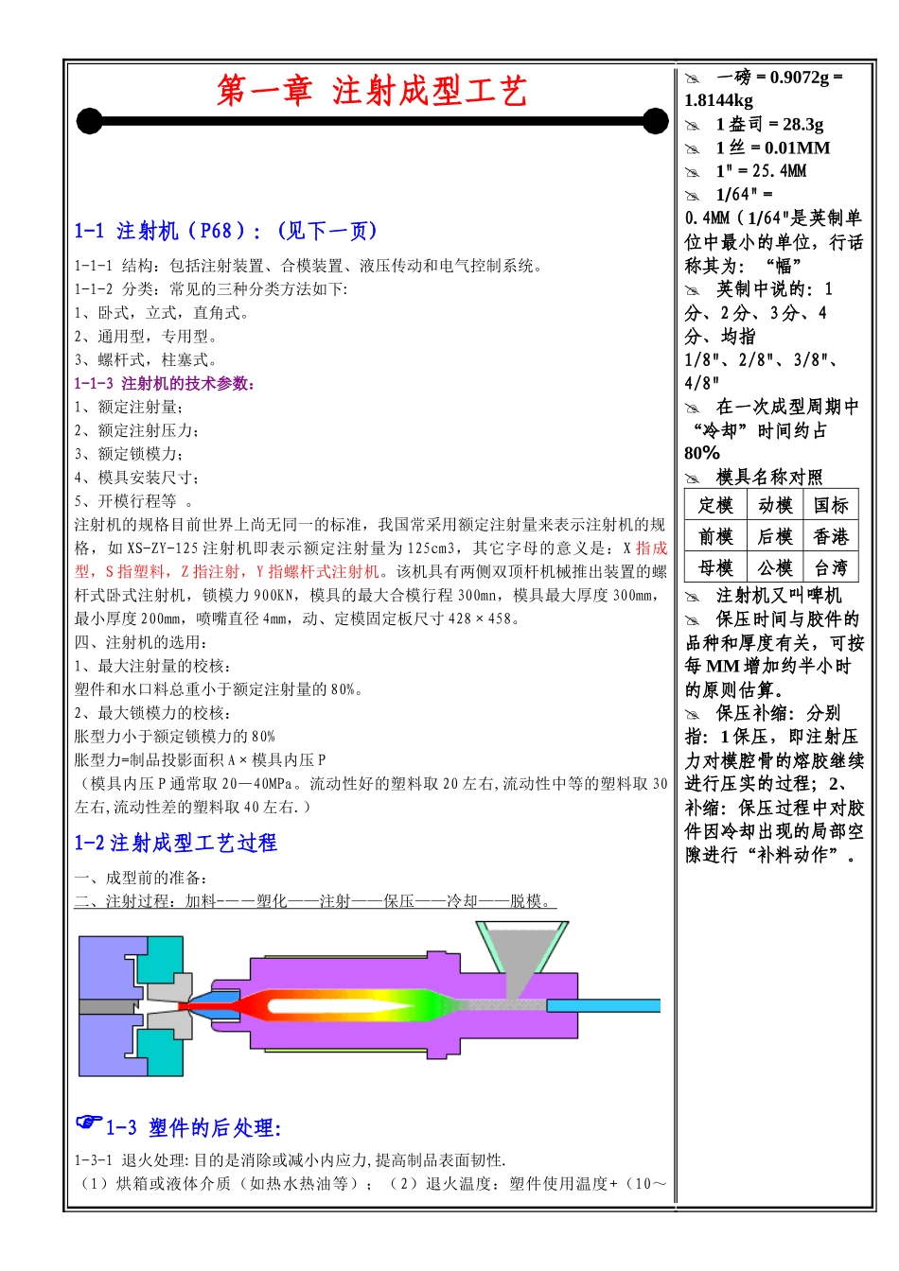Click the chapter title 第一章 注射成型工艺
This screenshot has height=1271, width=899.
click(x=371, y=91)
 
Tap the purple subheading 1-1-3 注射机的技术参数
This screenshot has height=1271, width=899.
click(x=165, y=383)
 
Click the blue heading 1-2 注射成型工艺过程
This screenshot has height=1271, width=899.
click(x=176, y=843)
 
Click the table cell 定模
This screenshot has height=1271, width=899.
click(x=715, y=505)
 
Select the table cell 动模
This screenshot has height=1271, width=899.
click(x=775, y=505)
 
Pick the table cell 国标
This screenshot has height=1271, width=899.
click(x=831, y=505)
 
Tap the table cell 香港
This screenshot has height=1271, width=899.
click(x=831, y=536)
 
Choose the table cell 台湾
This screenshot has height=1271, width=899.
click(x=831, y=567)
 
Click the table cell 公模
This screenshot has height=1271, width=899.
click(x=775, y=567)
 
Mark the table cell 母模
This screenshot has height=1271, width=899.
click(x=715, y=567)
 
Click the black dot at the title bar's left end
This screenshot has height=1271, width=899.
click(x=89, y=121)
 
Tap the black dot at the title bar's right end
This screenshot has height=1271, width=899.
click(x=655, y=121)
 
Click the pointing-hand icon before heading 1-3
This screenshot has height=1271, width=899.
click(x=89, y=1123)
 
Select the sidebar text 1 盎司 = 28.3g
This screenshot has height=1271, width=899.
click(x=769, y=124)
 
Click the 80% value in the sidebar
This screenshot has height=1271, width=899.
click(x=702, y=453)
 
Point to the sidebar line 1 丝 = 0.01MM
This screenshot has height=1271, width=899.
click(x=772, y=148)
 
